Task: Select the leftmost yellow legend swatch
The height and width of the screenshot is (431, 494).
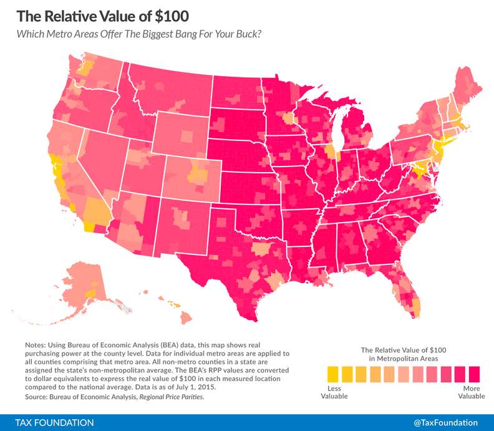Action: click(x=332, y=374)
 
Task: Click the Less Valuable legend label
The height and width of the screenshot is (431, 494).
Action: click(x=335, y=392)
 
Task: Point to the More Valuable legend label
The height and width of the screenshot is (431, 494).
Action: click(x=472, y=392)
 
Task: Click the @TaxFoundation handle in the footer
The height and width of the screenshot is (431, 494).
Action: click(x=445, y=422)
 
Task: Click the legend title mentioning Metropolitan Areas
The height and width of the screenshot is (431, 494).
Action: click(x=404, y=354)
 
